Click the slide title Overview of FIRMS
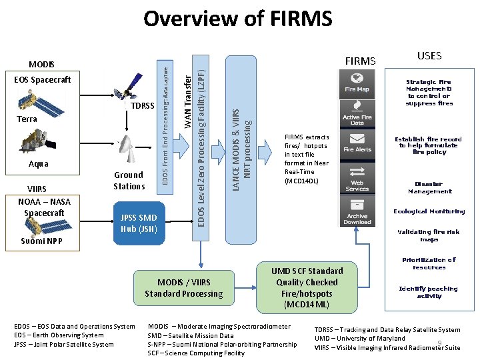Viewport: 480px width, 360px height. pos(238,19)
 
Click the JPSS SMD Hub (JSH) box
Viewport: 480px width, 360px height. pos(139,223)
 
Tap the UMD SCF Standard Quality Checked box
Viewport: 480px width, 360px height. pos(307,287)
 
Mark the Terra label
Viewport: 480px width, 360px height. pos(27,119)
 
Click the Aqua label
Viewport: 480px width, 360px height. pos(38,164)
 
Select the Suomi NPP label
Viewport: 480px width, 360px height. pos(41,241)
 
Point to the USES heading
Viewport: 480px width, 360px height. pos(429,56)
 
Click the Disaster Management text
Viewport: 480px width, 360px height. pos(429,187)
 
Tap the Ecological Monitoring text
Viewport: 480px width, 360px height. pos(429,211)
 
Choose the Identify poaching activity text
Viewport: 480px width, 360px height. pos(429,292)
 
